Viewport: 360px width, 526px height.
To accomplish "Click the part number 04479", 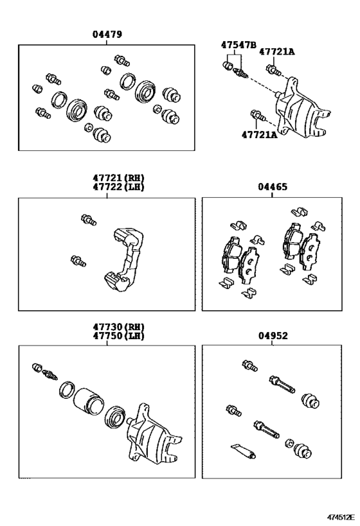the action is click(x=107, y=34).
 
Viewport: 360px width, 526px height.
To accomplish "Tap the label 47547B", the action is click(x=238, y=44).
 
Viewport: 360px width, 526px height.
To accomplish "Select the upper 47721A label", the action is click(x=276, y=51).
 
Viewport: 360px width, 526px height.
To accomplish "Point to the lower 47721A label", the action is click(x=260, y=134).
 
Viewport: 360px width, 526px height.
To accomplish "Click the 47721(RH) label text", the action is click(x=118, y=178).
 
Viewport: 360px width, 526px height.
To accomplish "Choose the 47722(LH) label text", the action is click(x=118, y=187).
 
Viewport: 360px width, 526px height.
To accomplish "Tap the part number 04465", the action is click(x=273, y=187).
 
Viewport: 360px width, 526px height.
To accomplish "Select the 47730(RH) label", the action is click(x=118, y=327).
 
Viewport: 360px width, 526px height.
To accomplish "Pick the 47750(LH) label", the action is click(x=118, y=335).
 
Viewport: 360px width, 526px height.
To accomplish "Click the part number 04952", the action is click(x=273, y=336).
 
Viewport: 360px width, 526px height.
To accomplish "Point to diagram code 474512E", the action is click(x=341, y=517).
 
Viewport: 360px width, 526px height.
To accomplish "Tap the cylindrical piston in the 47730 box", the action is click(x=88, y=401).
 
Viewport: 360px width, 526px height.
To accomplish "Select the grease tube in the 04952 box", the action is click(x=244, y=450).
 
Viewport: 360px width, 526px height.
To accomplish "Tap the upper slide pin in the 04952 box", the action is click(x=282, y=385).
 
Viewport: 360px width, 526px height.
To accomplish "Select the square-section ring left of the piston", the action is click(x=67, y=391).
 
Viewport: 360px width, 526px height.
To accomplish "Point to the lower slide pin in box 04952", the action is click(x=266, y=429).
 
